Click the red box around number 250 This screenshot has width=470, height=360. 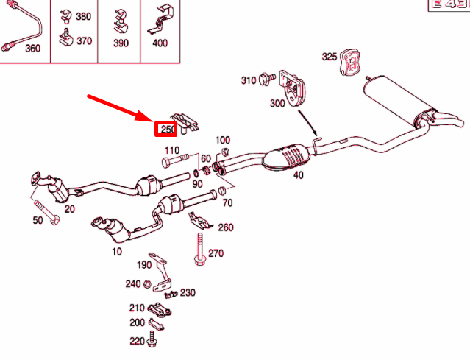(165, 130)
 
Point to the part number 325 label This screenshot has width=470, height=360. (329, 56)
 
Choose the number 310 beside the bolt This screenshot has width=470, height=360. (247, 80)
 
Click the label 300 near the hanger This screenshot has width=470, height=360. (277, 104)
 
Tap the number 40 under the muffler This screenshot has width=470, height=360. (298, 175)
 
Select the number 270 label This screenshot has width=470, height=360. (216, 253)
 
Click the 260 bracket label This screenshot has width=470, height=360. (225, 227)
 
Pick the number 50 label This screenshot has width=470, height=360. (37, 221)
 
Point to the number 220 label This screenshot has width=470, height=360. (137, 341)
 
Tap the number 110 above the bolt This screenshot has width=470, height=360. (171, 150)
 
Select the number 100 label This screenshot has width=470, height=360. (222, 140)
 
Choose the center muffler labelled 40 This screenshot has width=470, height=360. (290, 156)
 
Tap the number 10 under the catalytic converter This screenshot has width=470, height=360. (116, 252)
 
